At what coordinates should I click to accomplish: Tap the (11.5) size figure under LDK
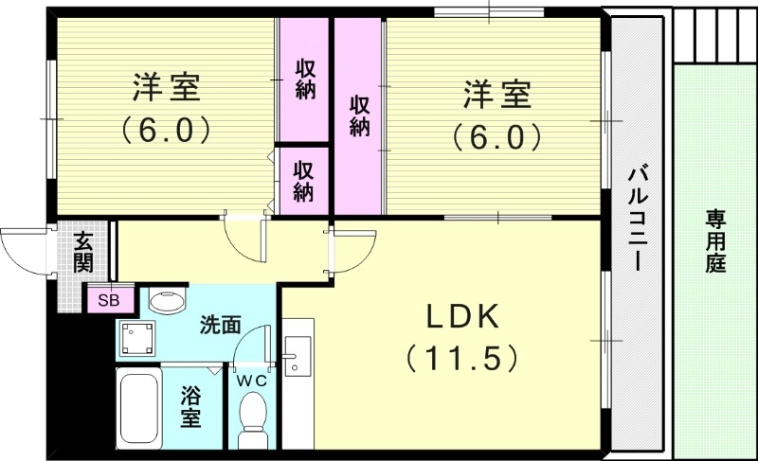coord(461,357)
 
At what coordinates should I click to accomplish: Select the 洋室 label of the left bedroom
coord(165,91)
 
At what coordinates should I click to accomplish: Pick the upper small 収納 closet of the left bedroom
coord(304,80)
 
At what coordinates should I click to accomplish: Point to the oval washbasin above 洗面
coord(170,302)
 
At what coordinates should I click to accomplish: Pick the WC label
coord(252,381)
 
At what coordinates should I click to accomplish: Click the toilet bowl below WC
coord(253,417)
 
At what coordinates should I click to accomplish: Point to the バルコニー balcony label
coord(638,219)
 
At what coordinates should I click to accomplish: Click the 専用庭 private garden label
coord(714,240)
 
